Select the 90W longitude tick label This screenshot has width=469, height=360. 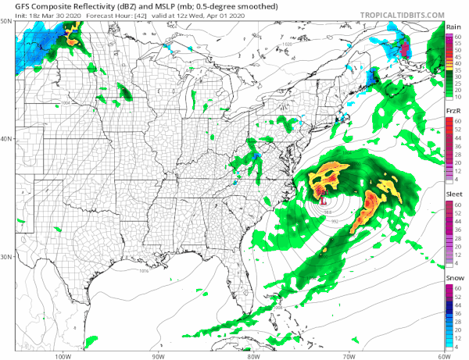tap(158, 355)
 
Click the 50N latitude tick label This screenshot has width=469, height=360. tap(6, 23)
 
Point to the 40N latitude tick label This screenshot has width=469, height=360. tap(6, 139)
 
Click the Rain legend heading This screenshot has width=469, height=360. tap(453, 27)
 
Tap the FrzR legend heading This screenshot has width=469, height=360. tap(453, 112)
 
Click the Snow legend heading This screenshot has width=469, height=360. tap(453, 279)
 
